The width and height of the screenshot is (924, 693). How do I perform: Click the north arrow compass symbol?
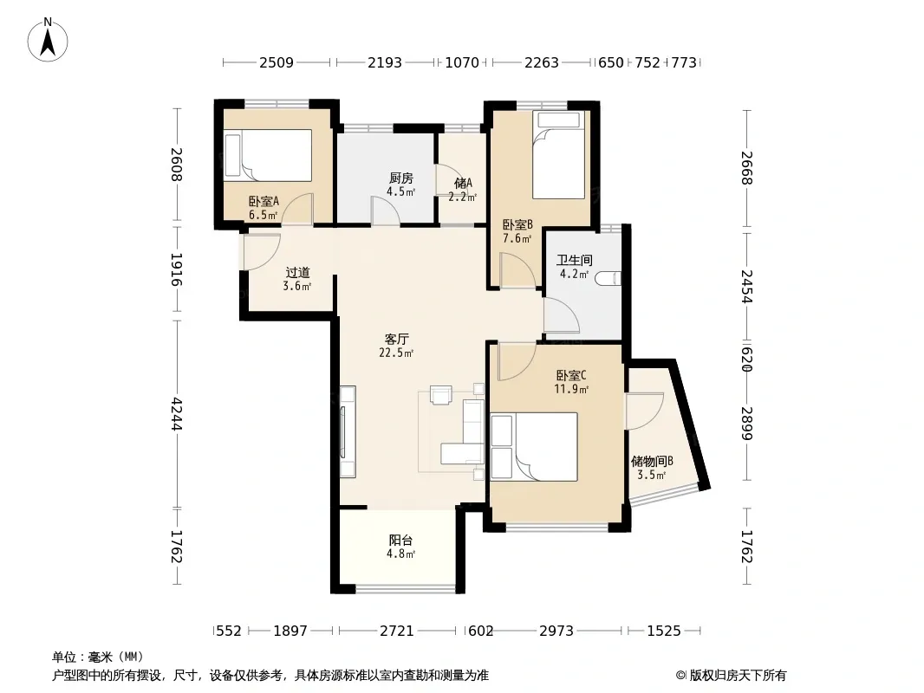tap(48, 40)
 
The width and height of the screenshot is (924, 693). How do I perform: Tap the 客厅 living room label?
tap(397, 340)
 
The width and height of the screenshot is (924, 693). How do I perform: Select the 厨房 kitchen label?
tap(401, 178)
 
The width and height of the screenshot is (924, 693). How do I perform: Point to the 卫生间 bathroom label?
tap(575, 260)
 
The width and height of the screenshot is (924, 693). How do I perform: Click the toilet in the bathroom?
tap(608, 278)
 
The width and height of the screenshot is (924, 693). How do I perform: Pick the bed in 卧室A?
tap(268, 155)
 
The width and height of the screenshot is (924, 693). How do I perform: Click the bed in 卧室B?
tap(558, 154)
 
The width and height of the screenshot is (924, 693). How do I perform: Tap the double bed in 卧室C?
tap(534, 447)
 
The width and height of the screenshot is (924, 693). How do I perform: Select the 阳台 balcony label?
tap(400, 540)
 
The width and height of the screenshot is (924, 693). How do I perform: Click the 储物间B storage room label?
tap(652, 461)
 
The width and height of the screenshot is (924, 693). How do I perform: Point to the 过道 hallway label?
tap(297, 273)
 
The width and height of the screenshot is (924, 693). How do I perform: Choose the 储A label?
tap(463, 183)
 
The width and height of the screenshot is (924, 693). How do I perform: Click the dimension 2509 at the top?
tap(277, 62)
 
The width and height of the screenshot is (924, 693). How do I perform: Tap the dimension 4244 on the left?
tap(176, 414)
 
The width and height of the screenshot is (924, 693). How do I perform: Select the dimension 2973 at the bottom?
tap(556, 631)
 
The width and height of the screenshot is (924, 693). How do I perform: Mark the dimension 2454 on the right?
tap(746, 286)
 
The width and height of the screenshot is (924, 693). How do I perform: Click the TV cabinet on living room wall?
tap(348, 431)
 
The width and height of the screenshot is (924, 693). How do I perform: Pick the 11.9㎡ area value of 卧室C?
tap(571, 389)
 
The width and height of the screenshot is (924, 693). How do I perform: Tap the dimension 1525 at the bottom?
tap(664, 631)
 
